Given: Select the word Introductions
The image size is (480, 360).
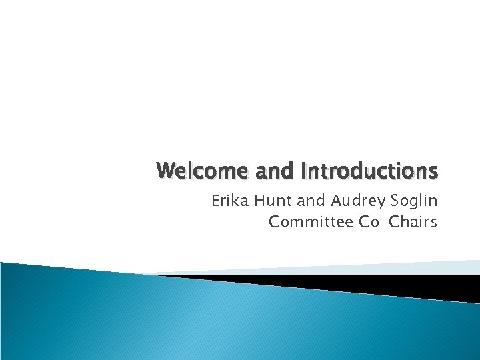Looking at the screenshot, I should point(370,172).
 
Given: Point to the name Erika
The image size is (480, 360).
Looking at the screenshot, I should point(229,201).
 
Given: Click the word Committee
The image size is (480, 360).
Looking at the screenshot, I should point(311,222).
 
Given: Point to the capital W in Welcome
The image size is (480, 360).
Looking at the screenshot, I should point(165,172).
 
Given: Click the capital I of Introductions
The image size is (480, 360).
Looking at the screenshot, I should point(305,172).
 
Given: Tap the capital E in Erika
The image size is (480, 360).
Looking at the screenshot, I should point(216,201).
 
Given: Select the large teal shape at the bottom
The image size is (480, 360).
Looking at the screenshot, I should point(200,320).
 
